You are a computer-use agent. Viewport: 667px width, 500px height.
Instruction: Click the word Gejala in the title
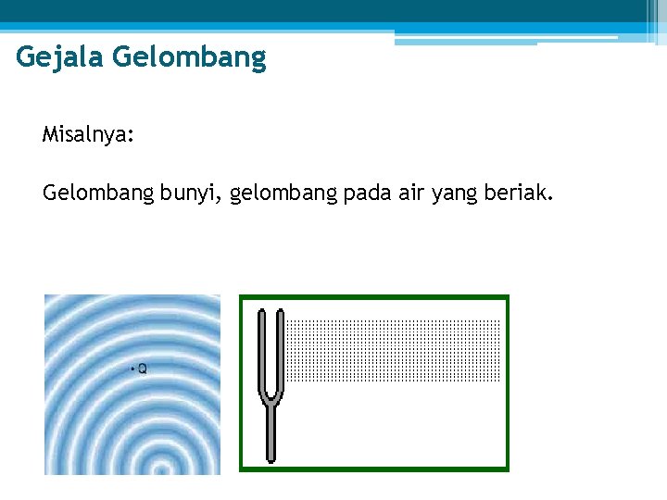tap(59, 59)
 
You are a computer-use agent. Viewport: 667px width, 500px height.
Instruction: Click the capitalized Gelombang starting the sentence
tap(97, 194)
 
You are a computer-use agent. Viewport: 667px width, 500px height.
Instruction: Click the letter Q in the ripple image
tap(143, 369)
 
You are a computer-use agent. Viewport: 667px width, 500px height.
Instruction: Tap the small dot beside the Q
tap(135, 369)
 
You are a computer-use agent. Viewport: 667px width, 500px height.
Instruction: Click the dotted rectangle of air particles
tap(393, 350)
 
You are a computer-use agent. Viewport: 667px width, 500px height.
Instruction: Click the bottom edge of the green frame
tap(374, 468)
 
